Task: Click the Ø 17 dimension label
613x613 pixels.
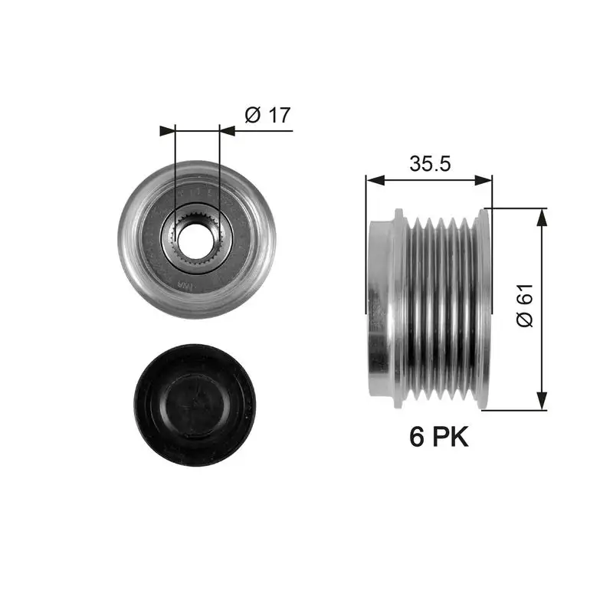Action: tap(267, 116)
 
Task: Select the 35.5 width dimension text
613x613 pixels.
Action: tap(429, 164)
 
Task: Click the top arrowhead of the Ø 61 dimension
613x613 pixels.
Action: tap(542, 217)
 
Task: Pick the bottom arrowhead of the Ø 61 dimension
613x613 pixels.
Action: tap(542, 400)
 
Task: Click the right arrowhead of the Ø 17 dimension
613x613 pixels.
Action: tap(228, 131)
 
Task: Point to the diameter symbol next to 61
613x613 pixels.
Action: tap(525, 320)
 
